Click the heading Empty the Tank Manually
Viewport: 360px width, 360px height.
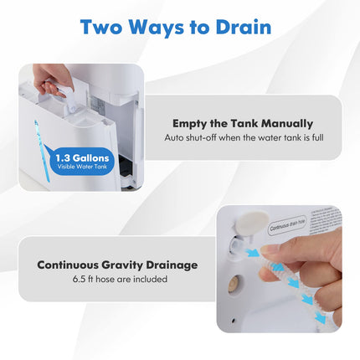[243, 122]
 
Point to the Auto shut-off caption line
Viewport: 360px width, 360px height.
[243, 137]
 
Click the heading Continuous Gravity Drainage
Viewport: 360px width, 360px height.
[117, 265]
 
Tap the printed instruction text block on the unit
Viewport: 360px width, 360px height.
[326, 222]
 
